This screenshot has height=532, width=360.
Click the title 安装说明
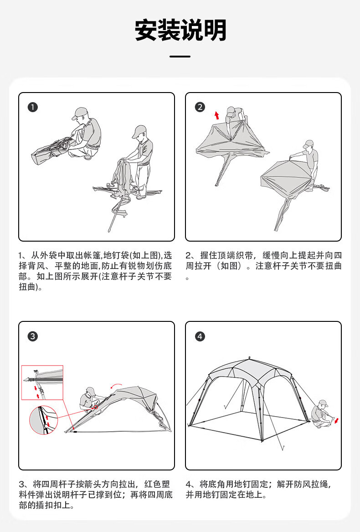coord(180,31)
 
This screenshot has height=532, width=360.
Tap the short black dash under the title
coord(180,57)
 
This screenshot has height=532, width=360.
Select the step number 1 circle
coord(32,108)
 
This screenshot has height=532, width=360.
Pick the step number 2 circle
coord(200,107)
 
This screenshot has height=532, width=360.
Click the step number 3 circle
coord(32,336)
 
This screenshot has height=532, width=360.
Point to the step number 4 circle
coord(200,336)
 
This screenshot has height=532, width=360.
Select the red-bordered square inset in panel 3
coord(42,382)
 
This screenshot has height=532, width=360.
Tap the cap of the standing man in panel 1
coord(139,131)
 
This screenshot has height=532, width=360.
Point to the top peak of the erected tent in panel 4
coord(249,358)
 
